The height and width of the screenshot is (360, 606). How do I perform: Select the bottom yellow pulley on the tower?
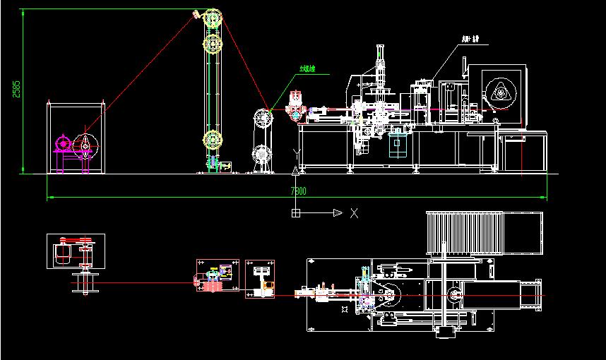pyautogui.click(x=212, y=139)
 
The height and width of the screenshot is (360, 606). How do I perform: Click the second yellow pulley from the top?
pyautogui.click(x=212, y=44)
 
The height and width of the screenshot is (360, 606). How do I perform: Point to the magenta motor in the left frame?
pyautogui.click(x=63, y=145)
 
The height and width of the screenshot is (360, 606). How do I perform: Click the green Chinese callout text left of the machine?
pyautogui.click(x=307, y=69)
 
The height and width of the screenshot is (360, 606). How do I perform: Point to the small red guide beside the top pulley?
pyautogui.click(x=196, y=14)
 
